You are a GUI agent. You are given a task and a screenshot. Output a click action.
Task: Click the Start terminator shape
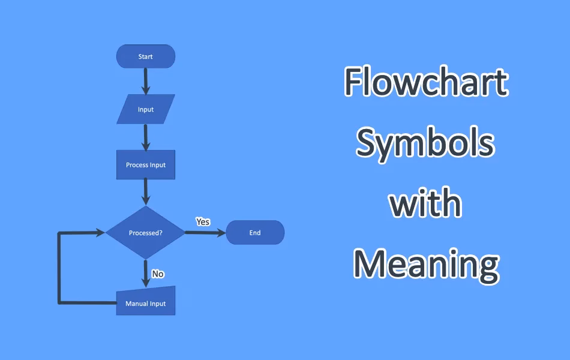pyautogui.click(x=145, y=56)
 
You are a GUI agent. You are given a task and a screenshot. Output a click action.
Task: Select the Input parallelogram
pyautogui.click(x=146, y=109)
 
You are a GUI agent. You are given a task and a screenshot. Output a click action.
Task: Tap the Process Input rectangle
pyautogui.click(x=146, y=165)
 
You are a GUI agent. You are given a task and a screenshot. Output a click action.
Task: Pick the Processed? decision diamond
pyautogui.click(x=145, y=233)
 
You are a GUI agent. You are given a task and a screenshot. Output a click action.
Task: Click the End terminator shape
pyautogui.click(x=255, y=233)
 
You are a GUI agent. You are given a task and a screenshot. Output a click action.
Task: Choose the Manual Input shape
pyautogui.click(x=146, y=302)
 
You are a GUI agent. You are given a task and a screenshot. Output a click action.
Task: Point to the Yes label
pyautogui.click(x=203, y=221)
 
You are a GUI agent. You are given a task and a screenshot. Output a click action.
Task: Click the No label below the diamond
pyautogui.click(x=158, y=274)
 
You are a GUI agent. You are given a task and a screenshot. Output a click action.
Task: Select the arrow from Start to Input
pyautogui.click(x=145, y=80)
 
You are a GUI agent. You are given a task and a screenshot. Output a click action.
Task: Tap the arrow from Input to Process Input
pyautogui.click(x=145, y=137)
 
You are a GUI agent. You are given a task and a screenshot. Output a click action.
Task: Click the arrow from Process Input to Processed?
pyautogui.click(x=145, y=193)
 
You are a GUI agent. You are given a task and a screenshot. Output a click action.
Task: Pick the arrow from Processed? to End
pyautogui.click(x=205, y=233)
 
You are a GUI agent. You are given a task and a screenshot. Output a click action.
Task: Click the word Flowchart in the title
pyautogui.click(x=426, y=83)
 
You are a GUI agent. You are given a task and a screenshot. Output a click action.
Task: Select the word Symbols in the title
pyautogui.click(x=425, y=143)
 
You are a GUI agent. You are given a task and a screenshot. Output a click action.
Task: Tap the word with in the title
pyautogui.click(x=425, y=203)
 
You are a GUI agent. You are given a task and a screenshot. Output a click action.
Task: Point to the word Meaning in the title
pyautogui.click(x=425, y=265)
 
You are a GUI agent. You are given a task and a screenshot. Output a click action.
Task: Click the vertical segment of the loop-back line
pyautogui.click(x=59, y=267)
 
